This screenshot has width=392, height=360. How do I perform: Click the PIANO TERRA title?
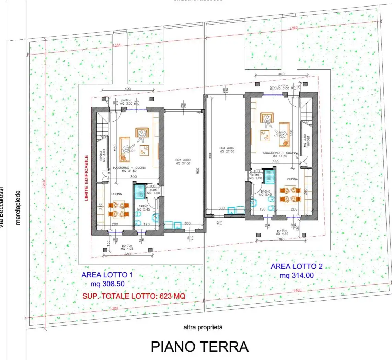coord(200,347)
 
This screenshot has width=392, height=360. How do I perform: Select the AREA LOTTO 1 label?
coord(107,275)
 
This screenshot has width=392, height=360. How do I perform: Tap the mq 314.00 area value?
coord(297,275)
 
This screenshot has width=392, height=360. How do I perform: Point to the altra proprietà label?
coord(203,327)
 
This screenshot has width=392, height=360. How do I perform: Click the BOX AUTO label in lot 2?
coord(227,150)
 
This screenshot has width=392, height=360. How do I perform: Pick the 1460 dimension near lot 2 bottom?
coord(297,290)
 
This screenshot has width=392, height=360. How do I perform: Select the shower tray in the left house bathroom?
coord(140,192)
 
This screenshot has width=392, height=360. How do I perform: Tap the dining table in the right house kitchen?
coord(288,194)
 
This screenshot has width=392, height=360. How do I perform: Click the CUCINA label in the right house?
coord(292,179)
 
